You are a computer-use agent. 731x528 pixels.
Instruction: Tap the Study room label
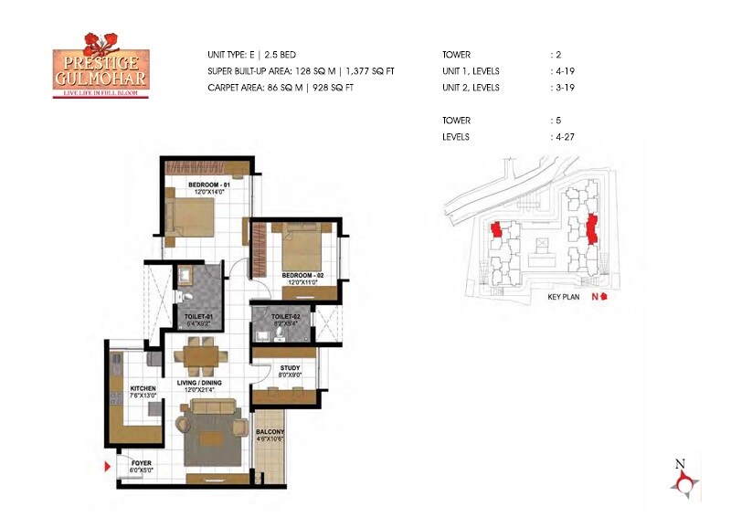point(290,368)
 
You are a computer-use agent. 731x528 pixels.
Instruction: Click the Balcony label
point(270,435)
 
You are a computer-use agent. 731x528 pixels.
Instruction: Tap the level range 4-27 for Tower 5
point(563,137)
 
